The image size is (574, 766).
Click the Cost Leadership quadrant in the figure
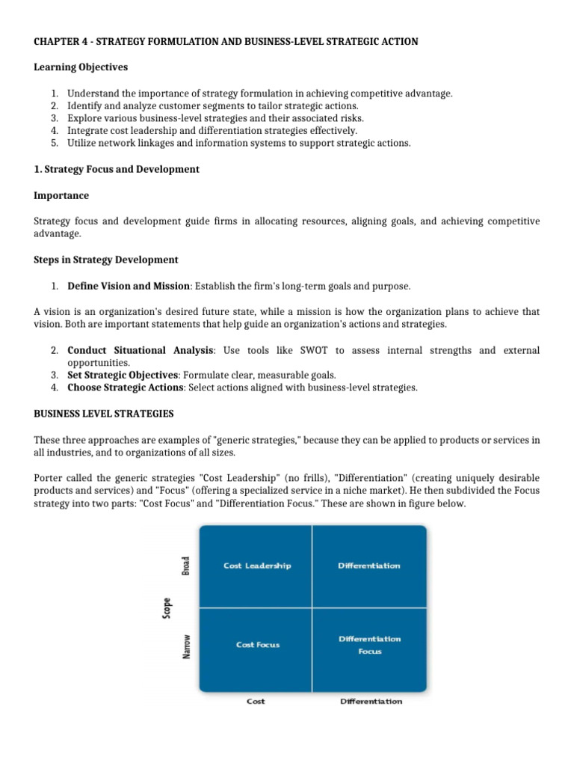coord(257,566)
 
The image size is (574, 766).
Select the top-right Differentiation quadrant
coord(369,566)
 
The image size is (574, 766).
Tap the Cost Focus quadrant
coord(257,644)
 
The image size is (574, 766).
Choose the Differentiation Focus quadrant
coord(369,645)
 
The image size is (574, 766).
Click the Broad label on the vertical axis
coord(186,566)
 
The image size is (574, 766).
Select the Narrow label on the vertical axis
coord(186,646)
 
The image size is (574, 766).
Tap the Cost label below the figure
coord(256,701)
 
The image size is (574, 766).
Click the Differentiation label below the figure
coord(371,701)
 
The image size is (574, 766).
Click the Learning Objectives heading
coord(81,67)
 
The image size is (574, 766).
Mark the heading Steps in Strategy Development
coord(106,260)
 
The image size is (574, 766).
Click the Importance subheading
coord(61,195)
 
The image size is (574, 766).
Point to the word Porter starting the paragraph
coord(49,477)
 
